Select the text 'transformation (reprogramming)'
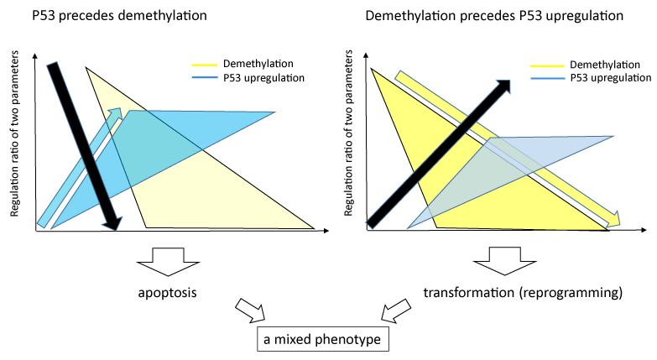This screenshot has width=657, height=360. click(524, 294)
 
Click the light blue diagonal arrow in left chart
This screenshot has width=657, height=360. click(81, 168)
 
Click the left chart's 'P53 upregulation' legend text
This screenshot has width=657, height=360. click(263, 78)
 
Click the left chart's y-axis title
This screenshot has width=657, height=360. click(16, 143)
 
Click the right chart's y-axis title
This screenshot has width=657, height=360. click(347, 143)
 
